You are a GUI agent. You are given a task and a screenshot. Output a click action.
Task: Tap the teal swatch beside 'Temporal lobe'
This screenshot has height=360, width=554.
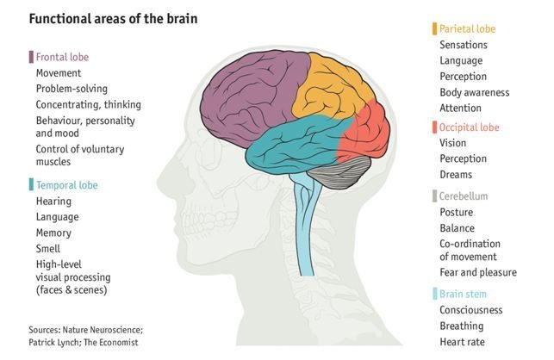coord(31,185)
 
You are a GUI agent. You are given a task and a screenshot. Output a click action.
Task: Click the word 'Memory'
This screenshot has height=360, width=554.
coord(54,233)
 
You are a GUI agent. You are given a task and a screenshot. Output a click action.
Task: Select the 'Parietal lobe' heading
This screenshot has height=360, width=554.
coord(467,28)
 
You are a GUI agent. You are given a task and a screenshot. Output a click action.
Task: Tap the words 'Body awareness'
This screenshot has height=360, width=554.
coord(474,92)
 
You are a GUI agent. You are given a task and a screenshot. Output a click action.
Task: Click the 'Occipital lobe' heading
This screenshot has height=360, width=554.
coord(469,127)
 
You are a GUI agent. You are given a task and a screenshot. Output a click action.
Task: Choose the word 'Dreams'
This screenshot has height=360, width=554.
coord(456,175)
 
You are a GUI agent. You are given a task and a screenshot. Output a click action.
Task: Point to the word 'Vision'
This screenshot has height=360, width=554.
coord(453,143)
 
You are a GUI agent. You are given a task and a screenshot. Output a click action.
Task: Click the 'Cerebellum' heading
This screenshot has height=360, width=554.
coord(464,196)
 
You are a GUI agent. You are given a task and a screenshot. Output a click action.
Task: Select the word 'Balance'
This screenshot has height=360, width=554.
coord(457,228)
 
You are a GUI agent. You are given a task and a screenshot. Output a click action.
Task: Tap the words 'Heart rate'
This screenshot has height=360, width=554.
coord(462,342)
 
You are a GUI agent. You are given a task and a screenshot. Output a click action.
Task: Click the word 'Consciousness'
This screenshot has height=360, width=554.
coord(471,310)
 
